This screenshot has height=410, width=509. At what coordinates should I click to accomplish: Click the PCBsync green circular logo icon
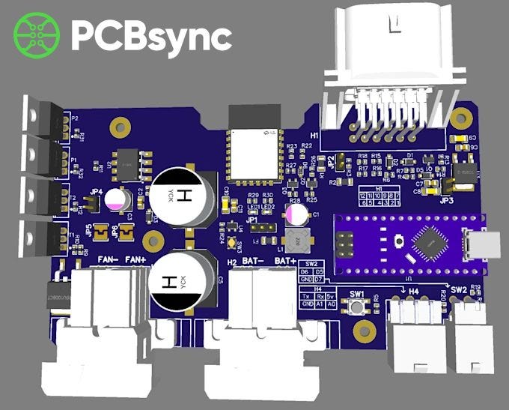click(x=37, y=34)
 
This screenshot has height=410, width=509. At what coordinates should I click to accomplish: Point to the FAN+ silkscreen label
click(x=137, y=260)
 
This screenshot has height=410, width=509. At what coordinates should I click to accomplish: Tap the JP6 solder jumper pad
click(x=127, y=233)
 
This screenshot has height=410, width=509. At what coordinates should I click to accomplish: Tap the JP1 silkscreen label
click(x=251, y=220)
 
